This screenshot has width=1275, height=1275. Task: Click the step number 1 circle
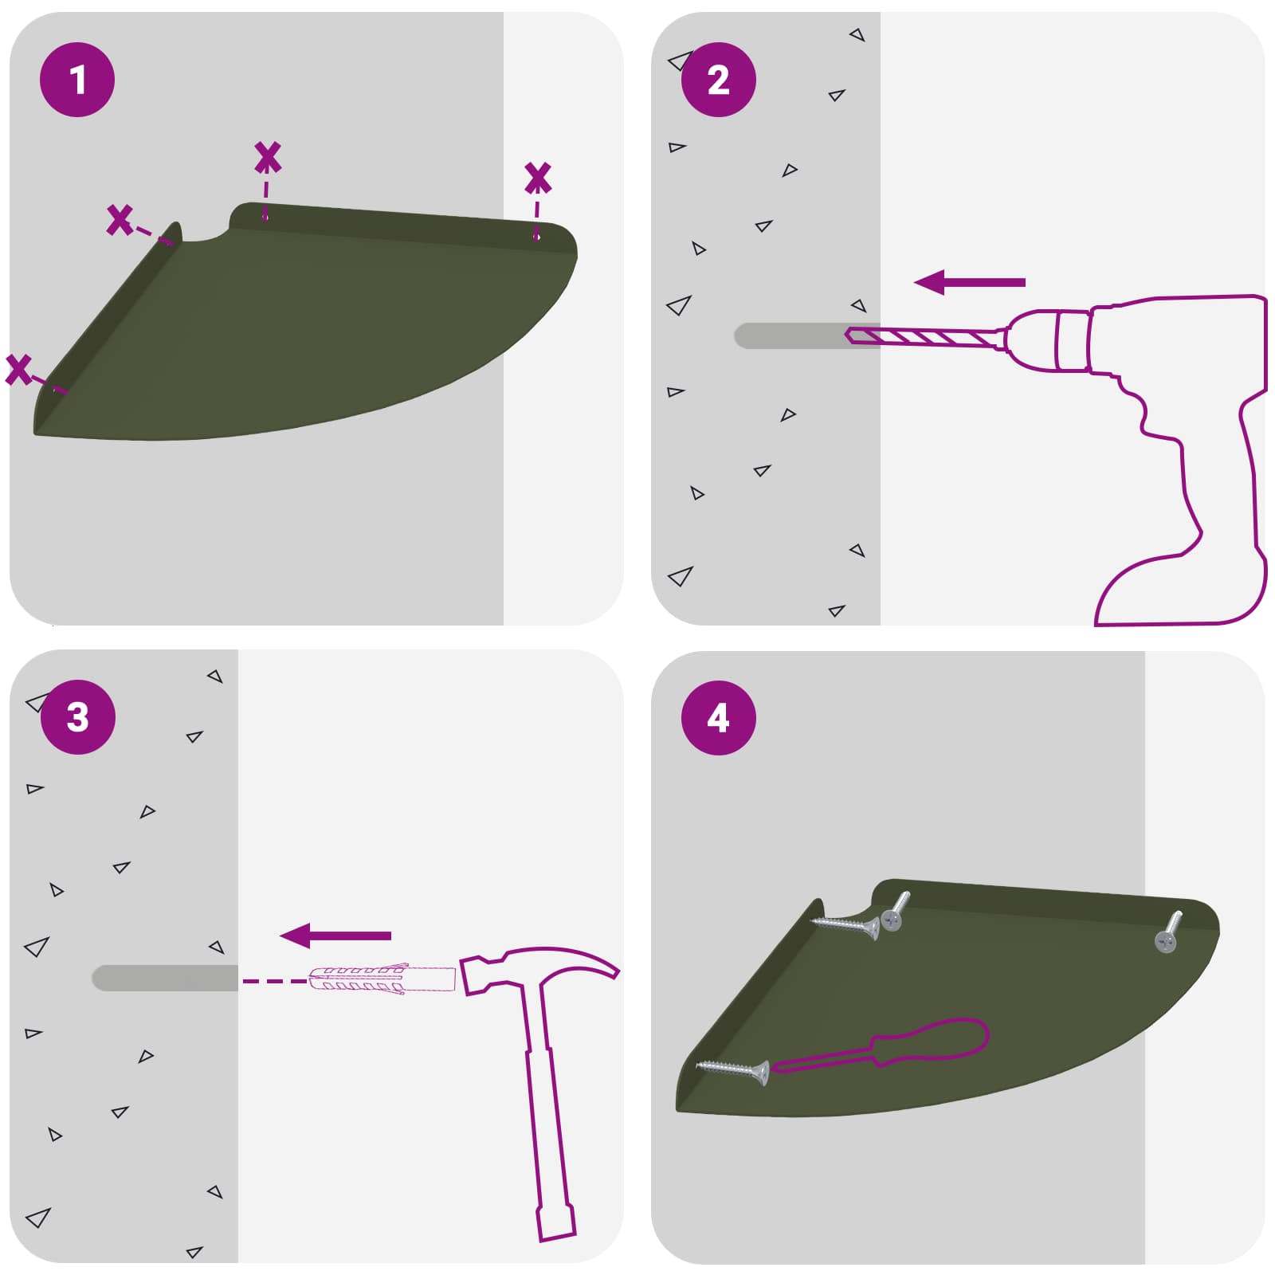(x=77, y=80)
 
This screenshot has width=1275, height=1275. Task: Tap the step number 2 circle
(x=718, y=80)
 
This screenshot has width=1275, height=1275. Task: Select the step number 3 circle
(x=77, y=717)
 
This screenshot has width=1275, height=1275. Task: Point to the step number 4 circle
(x=718, y=717)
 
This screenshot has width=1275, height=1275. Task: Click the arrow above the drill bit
(x=969, y=282)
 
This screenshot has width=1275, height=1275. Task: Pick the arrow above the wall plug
(x=335, y=936)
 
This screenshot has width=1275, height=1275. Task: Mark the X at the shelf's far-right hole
(x=538, y=178)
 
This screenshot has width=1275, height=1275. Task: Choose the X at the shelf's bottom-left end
(x=18, y=370)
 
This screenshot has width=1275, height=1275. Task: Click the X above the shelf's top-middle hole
(x=268, y=158)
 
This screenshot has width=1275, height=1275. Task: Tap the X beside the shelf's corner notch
(x=120, y=219)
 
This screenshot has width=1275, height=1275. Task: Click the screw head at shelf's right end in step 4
(x=1165, y=942)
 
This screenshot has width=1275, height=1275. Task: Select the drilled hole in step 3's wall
(x=165, y=978)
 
